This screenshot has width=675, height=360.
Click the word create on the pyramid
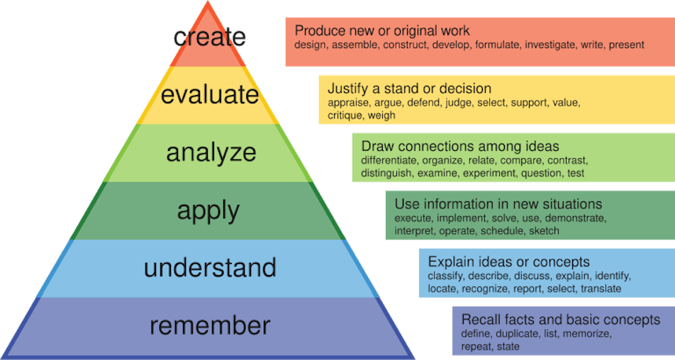[210, 37]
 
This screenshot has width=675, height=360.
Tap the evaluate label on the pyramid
[210, 95]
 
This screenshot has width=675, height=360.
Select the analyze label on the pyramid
[211, 152]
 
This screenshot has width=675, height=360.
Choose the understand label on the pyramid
[210, 268]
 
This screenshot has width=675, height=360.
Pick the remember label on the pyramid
[210, 325]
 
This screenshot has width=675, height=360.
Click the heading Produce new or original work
[382, 31]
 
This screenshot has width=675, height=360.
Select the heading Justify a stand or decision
[409, 89]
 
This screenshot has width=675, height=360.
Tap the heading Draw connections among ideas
[459, 146]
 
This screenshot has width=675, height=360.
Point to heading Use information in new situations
[498, 204]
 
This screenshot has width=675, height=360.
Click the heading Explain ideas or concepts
[508, 262]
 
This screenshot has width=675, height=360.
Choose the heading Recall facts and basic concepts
[560, 320]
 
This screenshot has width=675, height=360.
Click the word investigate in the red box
[550, 45]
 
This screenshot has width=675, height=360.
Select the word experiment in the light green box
[488, 174]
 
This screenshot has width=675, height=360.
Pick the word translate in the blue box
[601, 288]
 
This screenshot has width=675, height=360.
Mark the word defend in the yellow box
[423, 103]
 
